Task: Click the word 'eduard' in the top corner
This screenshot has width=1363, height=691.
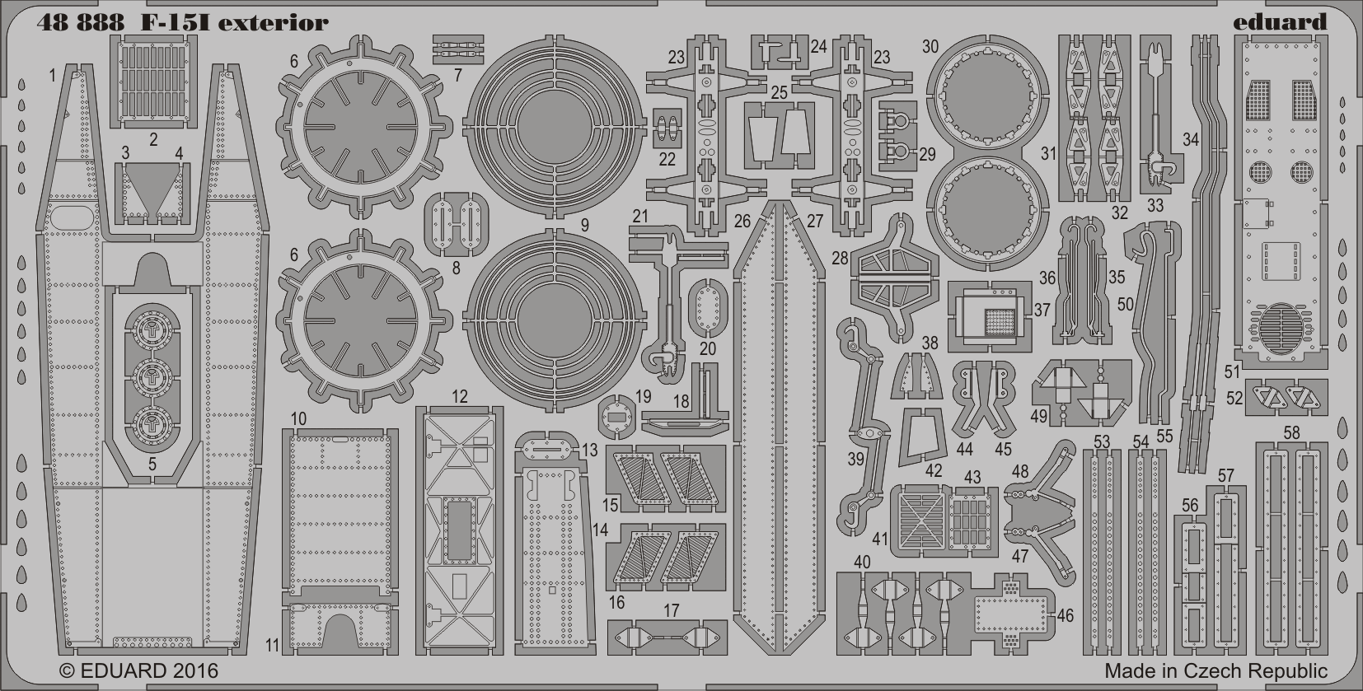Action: coord(1280,22)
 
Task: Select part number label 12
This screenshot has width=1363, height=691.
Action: coord(460,397)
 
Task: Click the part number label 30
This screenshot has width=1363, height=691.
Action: coord(930,47)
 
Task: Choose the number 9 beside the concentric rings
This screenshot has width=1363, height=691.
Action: coord(585,225)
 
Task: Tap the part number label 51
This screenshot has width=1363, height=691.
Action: coord(1232,371)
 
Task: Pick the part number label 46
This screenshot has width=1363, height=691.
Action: coord(1065,615)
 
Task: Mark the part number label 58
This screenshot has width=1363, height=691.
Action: coord(1291,432)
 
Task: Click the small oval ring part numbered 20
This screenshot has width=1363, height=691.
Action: coord(708,308)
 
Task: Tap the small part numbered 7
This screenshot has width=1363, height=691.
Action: coord(457,49)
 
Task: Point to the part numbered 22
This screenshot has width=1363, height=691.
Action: coord(667,128)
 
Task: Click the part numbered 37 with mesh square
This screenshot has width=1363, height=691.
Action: coord(990,316)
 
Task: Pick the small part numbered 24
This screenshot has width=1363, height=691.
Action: coord(780,52)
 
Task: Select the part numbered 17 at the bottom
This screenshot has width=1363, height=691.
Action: coord(667,637)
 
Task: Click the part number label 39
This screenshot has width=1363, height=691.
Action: coord(855,459)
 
